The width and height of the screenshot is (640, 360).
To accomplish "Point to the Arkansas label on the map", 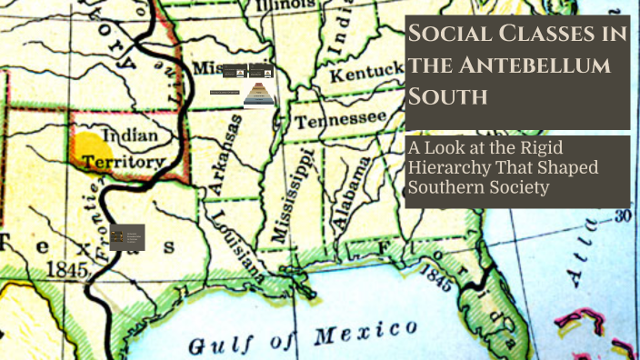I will [x=226, y=154].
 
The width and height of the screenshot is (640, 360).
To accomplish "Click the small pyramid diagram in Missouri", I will [x=256, y=92].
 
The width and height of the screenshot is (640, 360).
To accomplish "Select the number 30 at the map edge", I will [x=622, y=215].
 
